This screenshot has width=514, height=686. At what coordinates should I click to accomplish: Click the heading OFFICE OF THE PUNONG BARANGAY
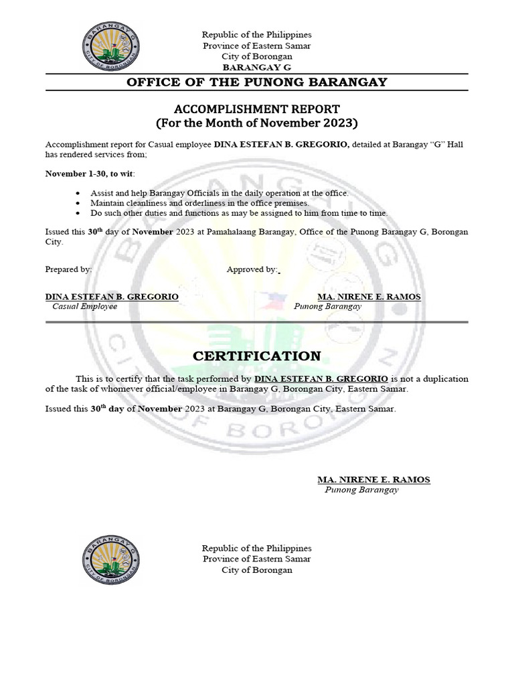(257, 82)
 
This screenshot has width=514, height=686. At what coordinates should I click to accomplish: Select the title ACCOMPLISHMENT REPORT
(257, 109)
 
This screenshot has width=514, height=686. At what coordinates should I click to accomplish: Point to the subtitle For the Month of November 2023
(257, 123)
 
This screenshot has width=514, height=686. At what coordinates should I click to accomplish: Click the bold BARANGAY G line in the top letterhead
(257, 68)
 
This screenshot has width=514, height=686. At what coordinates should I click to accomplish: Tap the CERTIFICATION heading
(257, 356)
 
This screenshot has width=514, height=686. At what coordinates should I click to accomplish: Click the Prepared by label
(68, 269)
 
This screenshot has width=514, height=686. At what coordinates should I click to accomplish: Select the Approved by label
(252, 269)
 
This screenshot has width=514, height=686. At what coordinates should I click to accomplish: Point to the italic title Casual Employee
(85, 306)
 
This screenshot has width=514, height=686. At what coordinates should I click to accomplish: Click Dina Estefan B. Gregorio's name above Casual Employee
(112, 296)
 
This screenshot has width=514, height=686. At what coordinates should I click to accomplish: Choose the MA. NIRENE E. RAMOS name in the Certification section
(373, 480)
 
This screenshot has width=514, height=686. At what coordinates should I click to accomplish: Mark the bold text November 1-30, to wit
(90, 174)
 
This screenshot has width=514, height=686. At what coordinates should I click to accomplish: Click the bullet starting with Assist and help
(220, 193)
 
